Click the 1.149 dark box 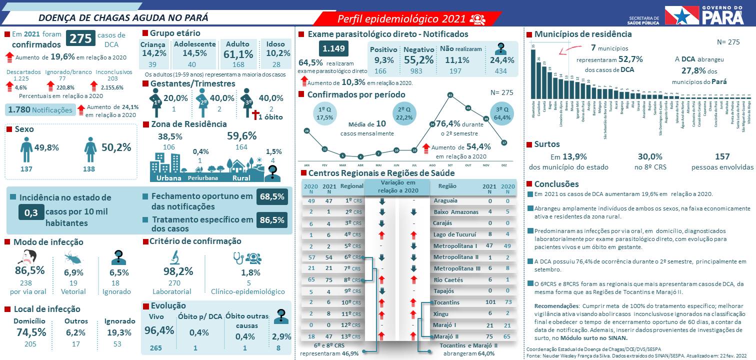click(334, 49)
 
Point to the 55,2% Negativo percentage click(418, 60)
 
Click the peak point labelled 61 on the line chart click(450, 95)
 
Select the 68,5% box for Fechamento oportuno click(272, 197)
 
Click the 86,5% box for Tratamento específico click(272, 219)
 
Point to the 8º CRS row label click(352, 280)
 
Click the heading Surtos click(547, 144)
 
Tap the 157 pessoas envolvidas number click(722, 157)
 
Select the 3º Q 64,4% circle click(502, 113)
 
